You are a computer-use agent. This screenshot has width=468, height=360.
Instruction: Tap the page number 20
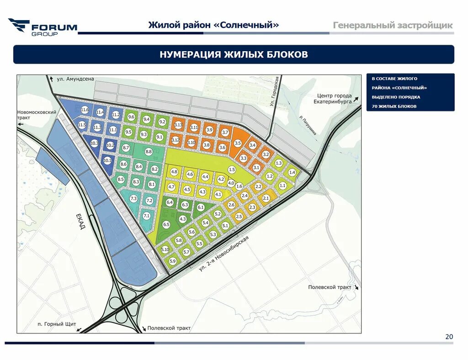(449, 337)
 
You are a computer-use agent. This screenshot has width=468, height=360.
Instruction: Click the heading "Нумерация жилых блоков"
(234, 55)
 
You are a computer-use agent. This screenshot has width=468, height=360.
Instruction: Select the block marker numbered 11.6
(85, 110)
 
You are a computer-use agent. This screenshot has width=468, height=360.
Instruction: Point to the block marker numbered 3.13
(178, 124)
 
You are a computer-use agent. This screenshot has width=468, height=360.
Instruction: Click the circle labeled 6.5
(166, 225)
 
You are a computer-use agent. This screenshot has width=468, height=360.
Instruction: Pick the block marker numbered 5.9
(172, 261)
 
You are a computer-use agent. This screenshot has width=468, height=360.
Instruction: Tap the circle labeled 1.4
(292, 172)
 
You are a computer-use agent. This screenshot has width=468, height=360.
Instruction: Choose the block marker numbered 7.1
(147, 215)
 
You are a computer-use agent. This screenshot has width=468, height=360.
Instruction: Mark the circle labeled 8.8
(148, 151)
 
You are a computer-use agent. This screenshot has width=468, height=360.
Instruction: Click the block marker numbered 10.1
(107, 161)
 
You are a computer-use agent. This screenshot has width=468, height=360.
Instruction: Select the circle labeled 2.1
(266, 198)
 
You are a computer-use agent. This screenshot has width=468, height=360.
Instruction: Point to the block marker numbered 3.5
(238, 143)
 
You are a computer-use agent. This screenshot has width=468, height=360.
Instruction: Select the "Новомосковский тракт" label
(37, 115)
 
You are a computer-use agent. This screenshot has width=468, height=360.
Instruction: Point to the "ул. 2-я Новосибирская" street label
(224, 254)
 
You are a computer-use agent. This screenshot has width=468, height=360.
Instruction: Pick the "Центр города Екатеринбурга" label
(335, 98)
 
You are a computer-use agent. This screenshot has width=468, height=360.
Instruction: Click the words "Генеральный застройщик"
(393, 25)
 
